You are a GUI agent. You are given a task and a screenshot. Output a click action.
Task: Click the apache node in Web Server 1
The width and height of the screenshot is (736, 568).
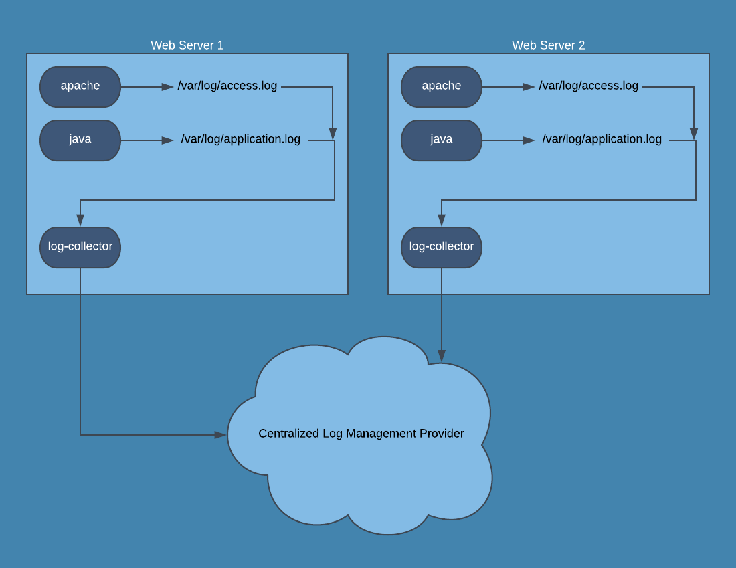click(80, 86)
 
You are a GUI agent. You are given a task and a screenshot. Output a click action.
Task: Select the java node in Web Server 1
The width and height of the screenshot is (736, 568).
click(80, 140)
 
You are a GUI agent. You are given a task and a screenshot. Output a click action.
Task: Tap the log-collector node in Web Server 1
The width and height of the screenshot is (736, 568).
click(80, 247)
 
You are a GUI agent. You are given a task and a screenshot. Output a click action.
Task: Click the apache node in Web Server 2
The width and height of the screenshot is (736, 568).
click(442, 86)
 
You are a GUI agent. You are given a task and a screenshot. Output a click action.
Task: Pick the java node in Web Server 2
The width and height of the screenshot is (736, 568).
click(442, 140)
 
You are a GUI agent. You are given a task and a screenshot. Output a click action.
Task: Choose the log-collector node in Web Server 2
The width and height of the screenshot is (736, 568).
click(442, 247)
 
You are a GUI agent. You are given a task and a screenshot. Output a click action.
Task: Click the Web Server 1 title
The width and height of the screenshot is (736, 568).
click(187, 45)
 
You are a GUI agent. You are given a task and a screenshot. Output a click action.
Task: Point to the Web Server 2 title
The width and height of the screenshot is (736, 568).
click(549, 45)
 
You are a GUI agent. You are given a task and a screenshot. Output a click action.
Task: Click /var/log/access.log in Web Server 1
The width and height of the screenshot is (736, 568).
click(227, 86)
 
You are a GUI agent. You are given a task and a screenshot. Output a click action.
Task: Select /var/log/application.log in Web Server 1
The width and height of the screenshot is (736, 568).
click(241, 139)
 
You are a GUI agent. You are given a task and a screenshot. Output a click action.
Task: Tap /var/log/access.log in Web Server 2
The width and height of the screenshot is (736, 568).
click(589, 86)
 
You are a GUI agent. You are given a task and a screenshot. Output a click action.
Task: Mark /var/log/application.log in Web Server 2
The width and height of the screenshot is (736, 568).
click(602, 139)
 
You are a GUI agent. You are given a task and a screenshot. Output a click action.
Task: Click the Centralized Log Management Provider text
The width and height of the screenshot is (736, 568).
click(361, 434)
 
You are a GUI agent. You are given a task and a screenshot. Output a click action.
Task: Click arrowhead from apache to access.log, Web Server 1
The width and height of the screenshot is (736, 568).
click(168, 87)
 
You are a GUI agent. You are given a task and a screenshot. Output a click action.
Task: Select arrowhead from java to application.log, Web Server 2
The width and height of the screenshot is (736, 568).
click(529, 140)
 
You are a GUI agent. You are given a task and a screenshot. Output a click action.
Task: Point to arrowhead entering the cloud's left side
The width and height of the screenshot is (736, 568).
click(221, 435)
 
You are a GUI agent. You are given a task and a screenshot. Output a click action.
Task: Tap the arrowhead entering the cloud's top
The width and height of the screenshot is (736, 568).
click(442, 355)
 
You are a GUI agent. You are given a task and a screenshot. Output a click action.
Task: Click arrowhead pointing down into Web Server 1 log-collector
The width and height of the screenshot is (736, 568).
click(80, 221)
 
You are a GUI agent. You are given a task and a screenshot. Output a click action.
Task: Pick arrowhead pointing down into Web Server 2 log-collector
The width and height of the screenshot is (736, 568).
click(442, 221)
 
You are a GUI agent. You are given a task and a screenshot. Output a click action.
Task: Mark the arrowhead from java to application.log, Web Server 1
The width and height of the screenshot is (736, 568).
click(168, 140)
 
